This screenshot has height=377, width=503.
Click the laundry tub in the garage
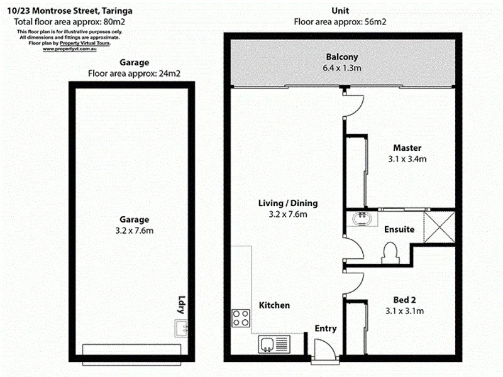point(182,327)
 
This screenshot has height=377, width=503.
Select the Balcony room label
point(342,56)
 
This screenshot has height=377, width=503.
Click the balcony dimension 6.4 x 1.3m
point(342,67)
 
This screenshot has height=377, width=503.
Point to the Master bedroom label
point(406,148)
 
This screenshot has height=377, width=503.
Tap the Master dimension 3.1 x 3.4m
point(406,159)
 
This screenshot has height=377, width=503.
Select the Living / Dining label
point(288,203)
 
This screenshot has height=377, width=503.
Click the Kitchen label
point(275,305)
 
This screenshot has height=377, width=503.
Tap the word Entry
point(325,328)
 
